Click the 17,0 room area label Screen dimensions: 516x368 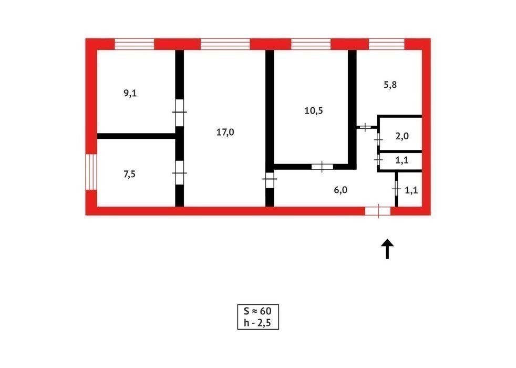pyautogui.click(x=225, y=132)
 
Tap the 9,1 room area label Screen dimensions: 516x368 pyautogui.click(x=130, y=94)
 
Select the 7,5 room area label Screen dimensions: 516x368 pyautogui.click(x=129, y=174)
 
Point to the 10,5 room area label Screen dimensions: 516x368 pyautogui.click(x=314, y=111)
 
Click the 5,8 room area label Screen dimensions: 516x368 pyautogui.click(x=390, y=85)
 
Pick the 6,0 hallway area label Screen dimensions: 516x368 pyautogui.click(x=340, y=190)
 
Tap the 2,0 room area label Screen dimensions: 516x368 pyautogui.click(x=402, y=136)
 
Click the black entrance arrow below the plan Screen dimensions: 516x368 pyautogui.click(x=387, y=249)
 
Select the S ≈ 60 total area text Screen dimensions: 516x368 pyautogui.click(x=257, y=311)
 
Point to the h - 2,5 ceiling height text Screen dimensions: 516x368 pyautogui.click(x=257, y=323)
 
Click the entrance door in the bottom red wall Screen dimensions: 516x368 pyautogui.click(x=378, y=211)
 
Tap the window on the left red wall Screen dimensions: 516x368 pyautogui.click(x=91, y=172)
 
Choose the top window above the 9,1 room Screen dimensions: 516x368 pyautogui.click(x=135, y=44)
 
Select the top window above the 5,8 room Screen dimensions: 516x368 pyautogui.click(x=386, y=44)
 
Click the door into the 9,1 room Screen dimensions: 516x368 pyautogui.click(x=179, y=113)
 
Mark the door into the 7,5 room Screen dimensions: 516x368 pyautogui.click(x=179, y=173)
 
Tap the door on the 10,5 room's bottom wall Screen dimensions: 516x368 pyautogui.click(x=322, y=167)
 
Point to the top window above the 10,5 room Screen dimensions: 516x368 pyautogui.click(x=311, y=44)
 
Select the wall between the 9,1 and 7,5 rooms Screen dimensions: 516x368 pyautogui.click(x=136, y=136)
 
